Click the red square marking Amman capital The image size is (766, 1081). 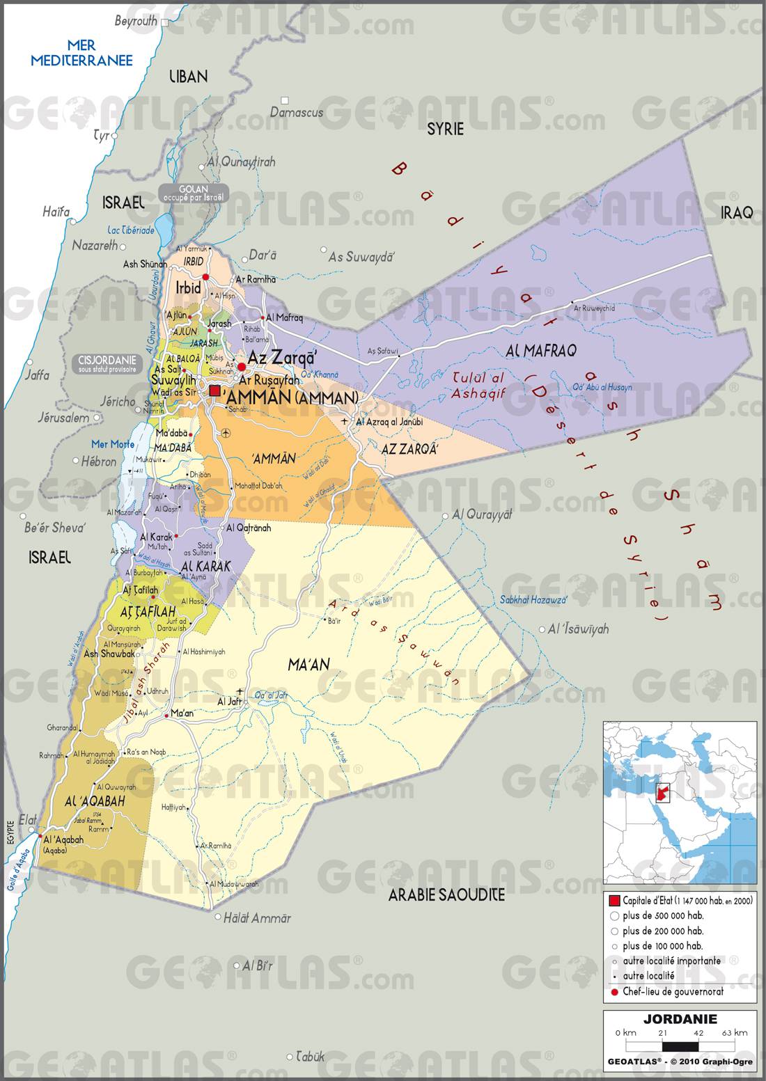pyautogui.click(x=214, y=391)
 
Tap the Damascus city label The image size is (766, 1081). pyautogui.click(x=297, y=112)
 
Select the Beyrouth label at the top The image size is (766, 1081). pyautogui.click(x=136, y=21)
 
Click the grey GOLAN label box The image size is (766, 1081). pyautogui.click(x=194, y=193)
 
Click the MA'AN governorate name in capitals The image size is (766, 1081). pyautogui.click(x=308, y=665)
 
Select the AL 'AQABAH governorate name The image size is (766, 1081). pyautogui.click(x=94, y=802)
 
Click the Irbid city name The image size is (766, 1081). pyautogui.click(x=188, y=287)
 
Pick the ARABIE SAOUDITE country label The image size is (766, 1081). pyautogui.click(x=446, y=894)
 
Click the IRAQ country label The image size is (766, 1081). pyautogui.click(x=737, y=212)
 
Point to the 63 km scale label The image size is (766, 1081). pyautogui.click(x=735, y=1032)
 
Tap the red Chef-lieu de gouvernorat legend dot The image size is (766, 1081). pyautogui.click(x=614, y=992)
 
